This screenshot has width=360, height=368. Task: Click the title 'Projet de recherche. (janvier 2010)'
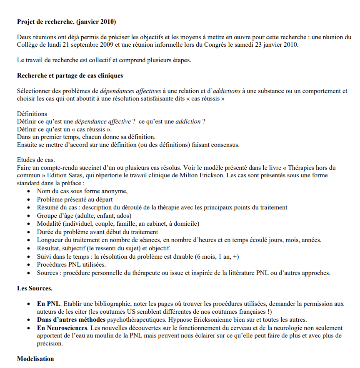pyautogui.click(x=66, y=21)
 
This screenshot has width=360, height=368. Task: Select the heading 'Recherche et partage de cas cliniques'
pyautogui.click(x=70, y=76)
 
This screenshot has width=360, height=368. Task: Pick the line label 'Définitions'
pyautogui.click(x=32, y=114)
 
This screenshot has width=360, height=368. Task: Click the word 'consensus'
pyautogui.click(x=225, y=145)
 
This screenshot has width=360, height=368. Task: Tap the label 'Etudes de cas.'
pyautogui.click(x=36, y=160)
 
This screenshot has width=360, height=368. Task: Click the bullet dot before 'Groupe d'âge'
pyautogui.click(x=28, y=216)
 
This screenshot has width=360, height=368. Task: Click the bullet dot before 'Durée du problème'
pyautogui.click(x=28, y=232)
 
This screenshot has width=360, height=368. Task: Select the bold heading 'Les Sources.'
pyautogui.click(x=35, y=288)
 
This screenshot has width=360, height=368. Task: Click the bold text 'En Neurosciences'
pyautogui.click(x=62, y=328)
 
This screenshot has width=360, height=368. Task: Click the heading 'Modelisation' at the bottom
pyautogui.click(x=35, y=359)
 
